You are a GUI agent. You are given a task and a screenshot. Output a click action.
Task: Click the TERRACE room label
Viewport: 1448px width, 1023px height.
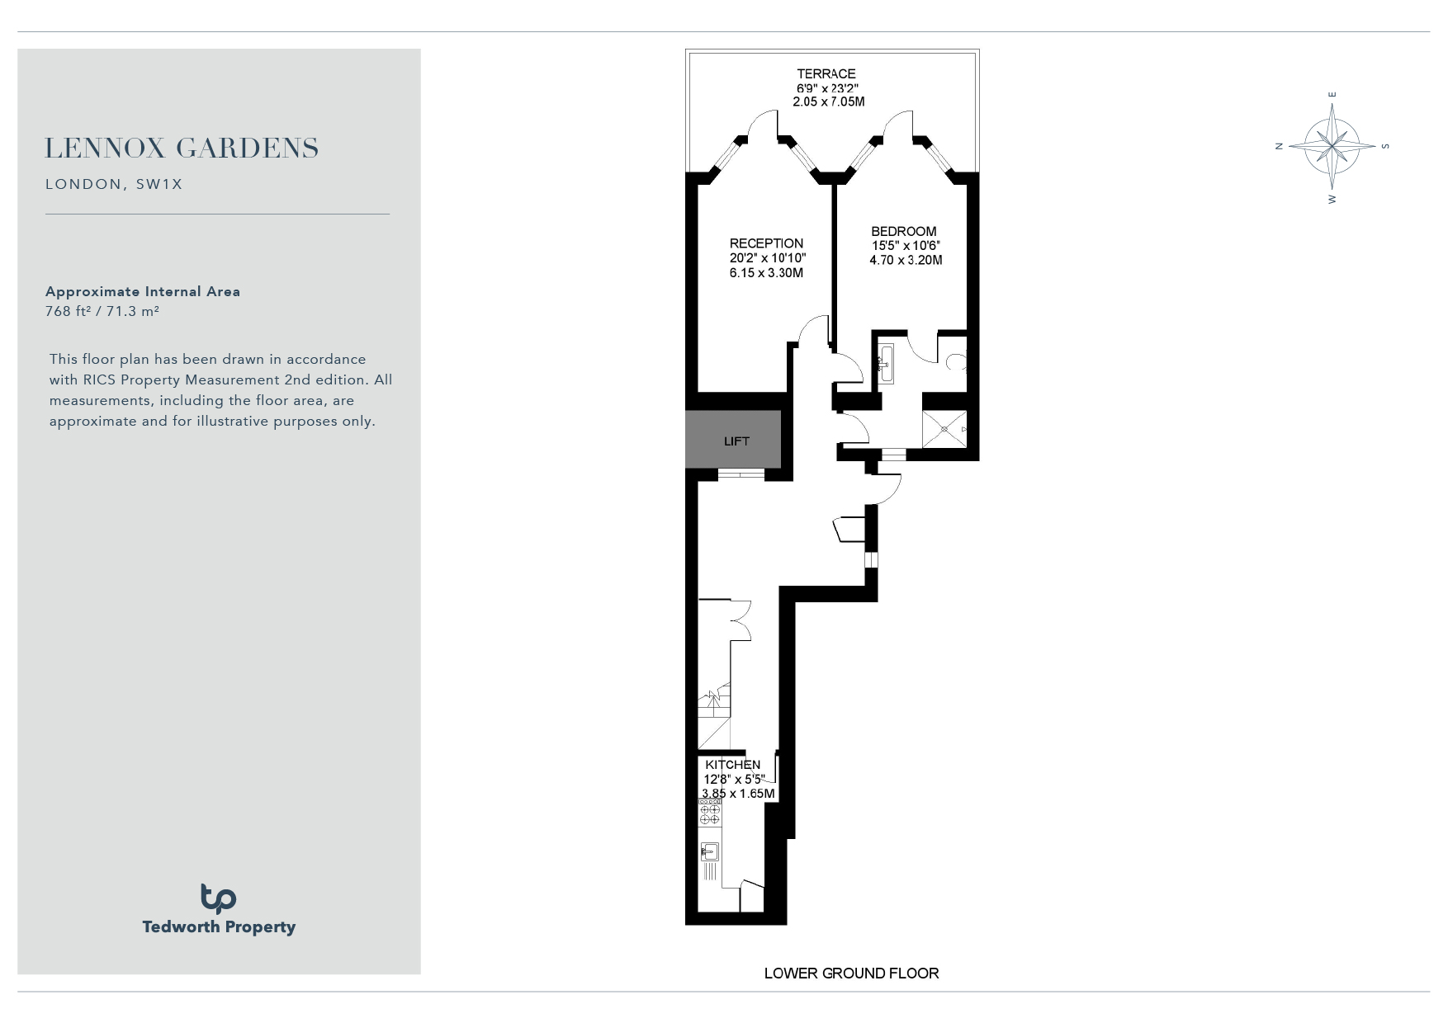[x=826, y=73]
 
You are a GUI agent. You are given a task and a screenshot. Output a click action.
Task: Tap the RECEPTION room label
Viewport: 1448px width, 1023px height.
[x=766, y=243]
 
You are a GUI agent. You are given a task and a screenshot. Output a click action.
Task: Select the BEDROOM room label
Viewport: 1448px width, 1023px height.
[x=904, y=232]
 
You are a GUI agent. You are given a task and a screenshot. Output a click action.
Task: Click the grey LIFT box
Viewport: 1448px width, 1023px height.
[x=733, y=440]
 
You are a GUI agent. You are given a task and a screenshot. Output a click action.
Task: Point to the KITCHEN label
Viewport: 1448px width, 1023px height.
[x=733, y=765]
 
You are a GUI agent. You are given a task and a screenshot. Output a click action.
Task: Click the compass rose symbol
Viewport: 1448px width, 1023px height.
[x=1332, y=146]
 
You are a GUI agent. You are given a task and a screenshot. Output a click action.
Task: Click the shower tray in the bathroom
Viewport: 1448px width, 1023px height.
[x=944, y=428]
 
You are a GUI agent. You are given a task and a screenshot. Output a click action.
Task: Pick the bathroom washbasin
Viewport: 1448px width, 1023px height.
[x=886, y=364]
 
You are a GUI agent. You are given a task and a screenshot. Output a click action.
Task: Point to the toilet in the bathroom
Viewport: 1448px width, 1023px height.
[x=958, y=361]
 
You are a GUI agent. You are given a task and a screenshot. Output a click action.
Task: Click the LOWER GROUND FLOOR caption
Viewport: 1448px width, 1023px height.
[x=851, y=973]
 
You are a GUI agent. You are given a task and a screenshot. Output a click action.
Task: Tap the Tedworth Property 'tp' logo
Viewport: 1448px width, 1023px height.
[x=219, y=898]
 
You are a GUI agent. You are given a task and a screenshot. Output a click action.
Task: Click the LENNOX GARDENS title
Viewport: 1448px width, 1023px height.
[x=182, y=148]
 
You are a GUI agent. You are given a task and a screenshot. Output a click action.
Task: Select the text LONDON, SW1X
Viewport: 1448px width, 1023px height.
[x=114, y=184]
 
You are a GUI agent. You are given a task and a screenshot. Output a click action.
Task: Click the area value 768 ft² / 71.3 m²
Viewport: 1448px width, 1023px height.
[x=102, y=311]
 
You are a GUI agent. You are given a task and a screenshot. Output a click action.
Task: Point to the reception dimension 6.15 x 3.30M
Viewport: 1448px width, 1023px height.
[x=766, y=273]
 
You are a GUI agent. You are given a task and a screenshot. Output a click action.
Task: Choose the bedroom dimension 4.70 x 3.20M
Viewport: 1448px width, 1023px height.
[x=906, y=260]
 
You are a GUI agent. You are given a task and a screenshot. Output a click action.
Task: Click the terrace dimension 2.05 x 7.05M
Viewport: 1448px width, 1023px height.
[x=829, y=102]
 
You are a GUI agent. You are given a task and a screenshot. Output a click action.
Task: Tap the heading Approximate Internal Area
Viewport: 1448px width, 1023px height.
[x=143, y=291]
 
